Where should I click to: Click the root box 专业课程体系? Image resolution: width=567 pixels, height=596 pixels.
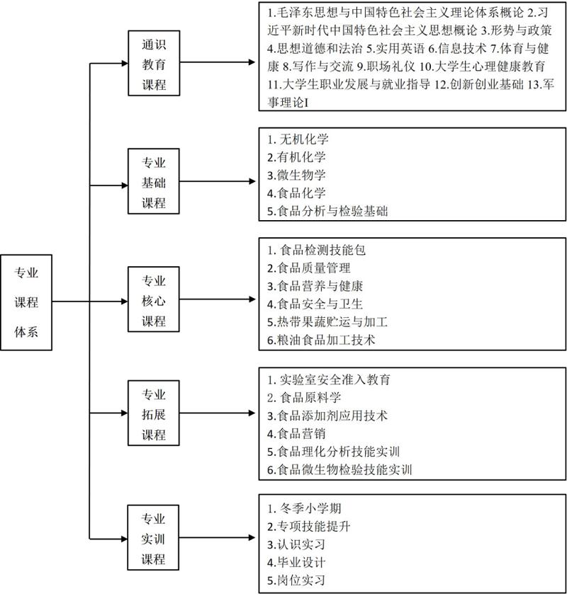[26, 302]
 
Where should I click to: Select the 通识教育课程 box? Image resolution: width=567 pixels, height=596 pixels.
[154, 63]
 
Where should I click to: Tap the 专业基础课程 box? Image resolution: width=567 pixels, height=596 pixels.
[154, 181]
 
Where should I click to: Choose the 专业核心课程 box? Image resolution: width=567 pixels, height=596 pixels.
[154, 299]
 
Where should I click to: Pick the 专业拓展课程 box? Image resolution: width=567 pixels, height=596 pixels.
[154, 413]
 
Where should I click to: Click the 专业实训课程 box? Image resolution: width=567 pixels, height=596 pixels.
[153, 537]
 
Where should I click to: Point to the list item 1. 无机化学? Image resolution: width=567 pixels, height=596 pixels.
[298, 139]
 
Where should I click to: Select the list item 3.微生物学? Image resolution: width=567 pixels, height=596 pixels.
[296, 176]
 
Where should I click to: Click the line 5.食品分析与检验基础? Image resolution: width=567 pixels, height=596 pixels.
[327, 211]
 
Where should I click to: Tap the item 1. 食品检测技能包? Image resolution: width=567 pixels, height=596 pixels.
[316, 250]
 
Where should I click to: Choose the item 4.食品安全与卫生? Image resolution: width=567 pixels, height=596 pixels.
[315, 304]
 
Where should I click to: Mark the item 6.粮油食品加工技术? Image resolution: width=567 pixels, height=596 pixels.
[321, 340]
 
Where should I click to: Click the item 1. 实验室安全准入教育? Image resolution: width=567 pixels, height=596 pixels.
[329, 379]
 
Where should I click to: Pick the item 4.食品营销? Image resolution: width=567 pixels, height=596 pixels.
[296, 434]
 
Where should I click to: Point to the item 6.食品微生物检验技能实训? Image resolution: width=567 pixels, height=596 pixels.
[339, 470]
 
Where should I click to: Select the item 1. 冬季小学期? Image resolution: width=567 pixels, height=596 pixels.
[304, 508]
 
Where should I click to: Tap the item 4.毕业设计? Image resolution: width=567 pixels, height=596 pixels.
[296, 563]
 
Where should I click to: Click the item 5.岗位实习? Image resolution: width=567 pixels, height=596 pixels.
[296, 580]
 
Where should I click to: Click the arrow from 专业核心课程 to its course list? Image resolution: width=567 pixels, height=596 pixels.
[218, 299]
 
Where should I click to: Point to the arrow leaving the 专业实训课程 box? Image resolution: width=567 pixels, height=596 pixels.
[217, 537]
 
